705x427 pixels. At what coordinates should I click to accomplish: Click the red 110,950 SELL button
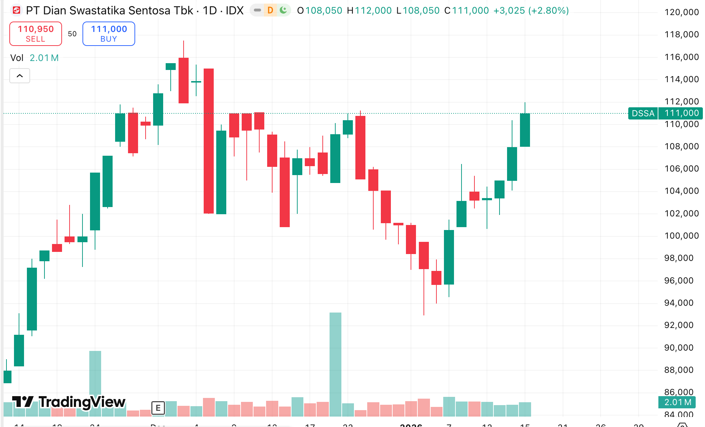(36, 34)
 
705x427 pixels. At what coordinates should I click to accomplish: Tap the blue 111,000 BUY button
(109, 34)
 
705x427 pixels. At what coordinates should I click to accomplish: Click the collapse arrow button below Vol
(20, 76)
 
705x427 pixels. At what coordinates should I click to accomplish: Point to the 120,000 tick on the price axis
(681, 12)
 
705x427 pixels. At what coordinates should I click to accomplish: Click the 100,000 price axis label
(681, 236)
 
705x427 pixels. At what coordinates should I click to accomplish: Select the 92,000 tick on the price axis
(678, 325)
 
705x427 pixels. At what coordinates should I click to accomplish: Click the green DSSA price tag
(643, 113)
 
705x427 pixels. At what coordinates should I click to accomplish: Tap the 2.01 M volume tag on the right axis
(677, 402)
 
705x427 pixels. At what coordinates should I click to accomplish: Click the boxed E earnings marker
(158, 408)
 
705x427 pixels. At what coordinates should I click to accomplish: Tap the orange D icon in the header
(270, 10)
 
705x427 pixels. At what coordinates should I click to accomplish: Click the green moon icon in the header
(283, 10)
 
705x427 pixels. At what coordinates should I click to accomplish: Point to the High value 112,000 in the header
(373, 11)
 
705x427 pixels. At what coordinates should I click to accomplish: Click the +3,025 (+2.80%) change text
(531, 11)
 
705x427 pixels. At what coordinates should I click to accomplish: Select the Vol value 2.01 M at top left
(44, 58)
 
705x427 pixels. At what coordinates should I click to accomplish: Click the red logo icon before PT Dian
(16, 10)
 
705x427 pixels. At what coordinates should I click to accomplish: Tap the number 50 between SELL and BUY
(72, 34)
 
